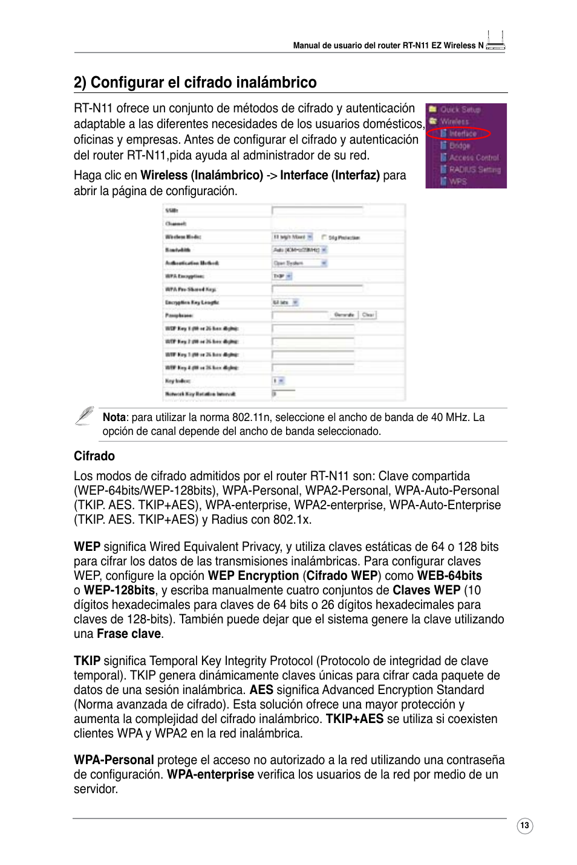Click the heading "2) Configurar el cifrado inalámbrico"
[195, 82]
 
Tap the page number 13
[524, 825]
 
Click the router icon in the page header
[495, 41]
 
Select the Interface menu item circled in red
[463, 133]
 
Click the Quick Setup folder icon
[433, 109]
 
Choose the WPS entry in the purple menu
[457, 181]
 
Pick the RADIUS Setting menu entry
[474, 170]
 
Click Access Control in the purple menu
[474, 158]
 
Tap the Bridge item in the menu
[460, 146]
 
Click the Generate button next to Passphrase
[344, 315]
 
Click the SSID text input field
[317, 210]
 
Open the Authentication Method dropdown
[300, 263]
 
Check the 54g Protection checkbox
[324, 237]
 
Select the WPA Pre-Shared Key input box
[317, 289]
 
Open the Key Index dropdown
[278, 381]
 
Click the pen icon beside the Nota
[85, 416]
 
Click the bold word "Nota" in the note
[114, 417]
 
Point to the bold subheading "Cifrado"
[94, 456]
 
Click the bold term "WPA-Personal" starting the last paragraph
[114, 760]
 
